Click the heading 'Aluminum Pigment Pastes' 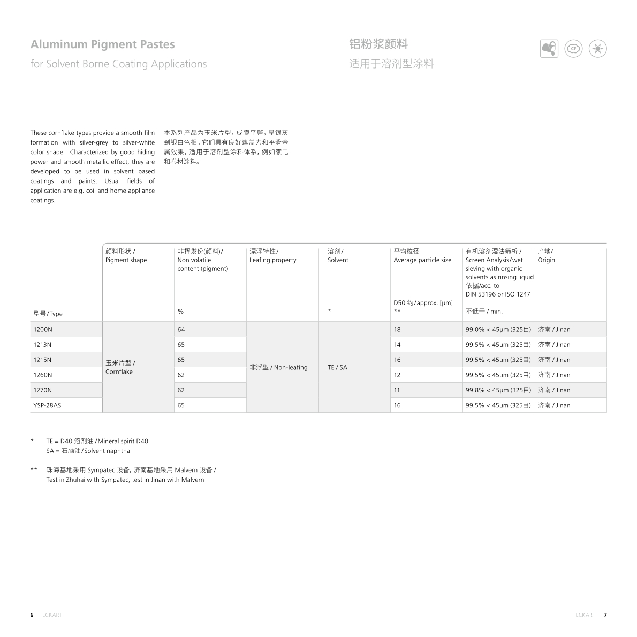(x=102, y=44)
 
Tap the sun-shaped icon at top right (x=597, y=49)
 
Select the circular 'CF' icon (x=573, y=49)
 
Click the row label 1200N (x=43, y=330)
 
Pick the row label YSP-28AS (x=47, y=405)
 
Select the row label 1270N (x=43, y=390)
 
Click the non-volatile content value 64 (x=181, y=330)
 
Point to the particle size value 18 (x=397, y=330)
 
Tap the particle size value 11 (x=397, y=390)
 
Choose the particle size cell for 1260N (x=397, y=375)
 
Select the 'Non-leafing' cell (x=278, y=368)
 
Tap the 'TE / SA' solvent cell (x=337, y=368)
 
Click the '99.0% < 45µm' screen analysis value (x=498, y=330)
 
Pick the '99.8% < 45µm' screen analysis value (x=498, y=390)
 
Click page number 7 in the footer (x=605, y=615)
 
